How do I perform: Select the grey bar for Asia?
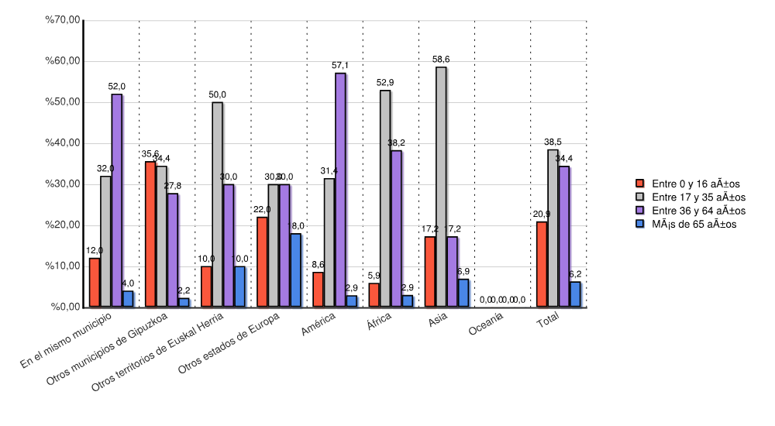point(440,187)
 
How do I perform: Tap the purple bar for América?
point(339,190)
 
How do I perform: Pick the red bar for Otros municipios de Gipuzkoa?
point(150,234)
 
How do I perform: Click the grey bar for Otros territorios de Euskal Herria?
point(217,204)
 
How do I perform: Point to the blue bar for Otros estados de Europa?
point(294,270)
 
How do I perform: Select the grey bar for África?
point(384,198)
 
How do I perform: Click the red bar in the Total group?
point(541,264)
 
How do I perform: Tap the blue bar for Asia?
point(463,293)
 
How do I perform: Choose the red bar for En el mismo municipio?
point(94,282)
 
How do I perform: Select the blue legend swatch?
point(640,224)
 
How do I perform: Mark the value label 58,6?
point(442,59)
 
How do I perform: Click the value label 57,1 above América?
point(340,65)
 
